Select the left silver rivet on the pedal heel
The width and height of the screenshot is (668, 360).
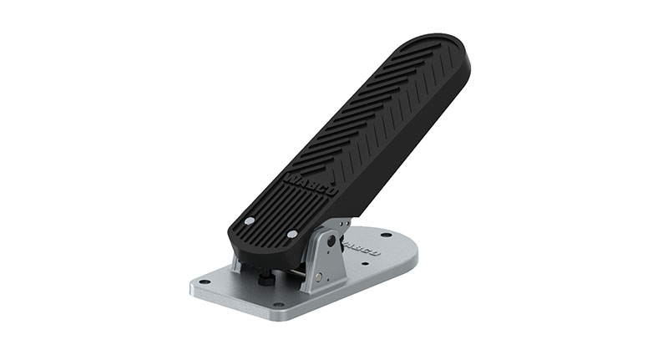pos(249,221)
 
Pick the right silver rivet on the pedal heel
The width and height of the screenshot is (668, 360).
pos(291,235)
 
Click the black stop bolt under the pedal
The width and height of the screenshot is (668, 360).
pos(266,278)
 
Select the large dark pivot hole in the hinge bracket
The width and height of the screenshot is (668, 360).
pos(331,241)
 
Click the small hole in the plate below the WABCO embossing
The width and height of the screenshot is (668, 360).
pos(364,266)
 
